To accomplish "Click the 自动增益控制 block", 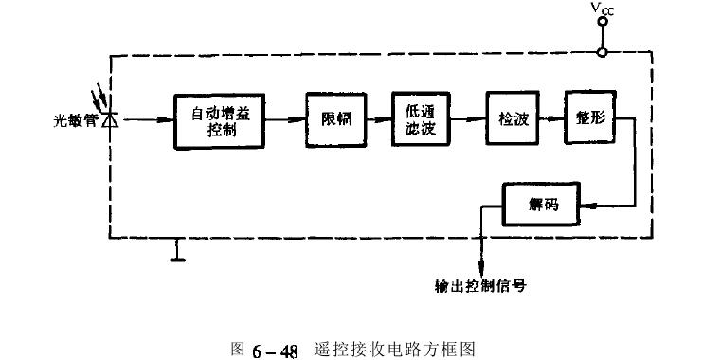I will pyautogui.click(x=217, y=121).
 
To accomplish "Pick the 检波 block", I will pyautogui.click(x=512, y=120).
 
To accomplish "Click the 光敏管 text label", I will pyautogui.click(x=76, y=121).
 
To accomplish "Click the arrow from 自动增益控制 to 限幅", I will pyautogui.click(x=285, y=120).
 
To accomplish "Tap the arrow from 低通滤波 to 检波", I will pyautogui.click(x=466, y=120).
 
